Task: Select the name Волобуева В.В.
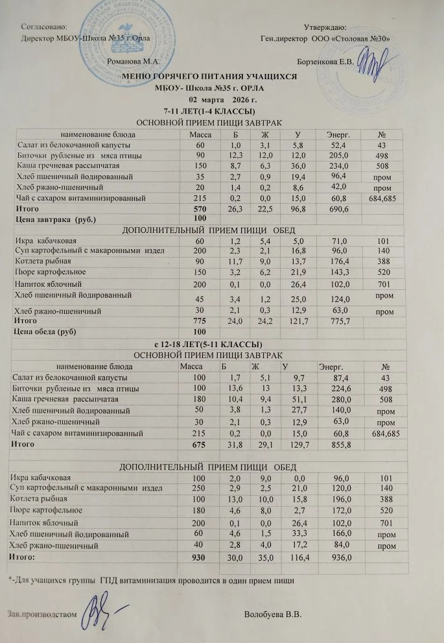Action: click(274, 614)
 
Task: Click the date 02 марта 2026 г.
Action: click(222, 100)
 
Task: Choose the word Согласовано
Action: click(45, 27)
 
